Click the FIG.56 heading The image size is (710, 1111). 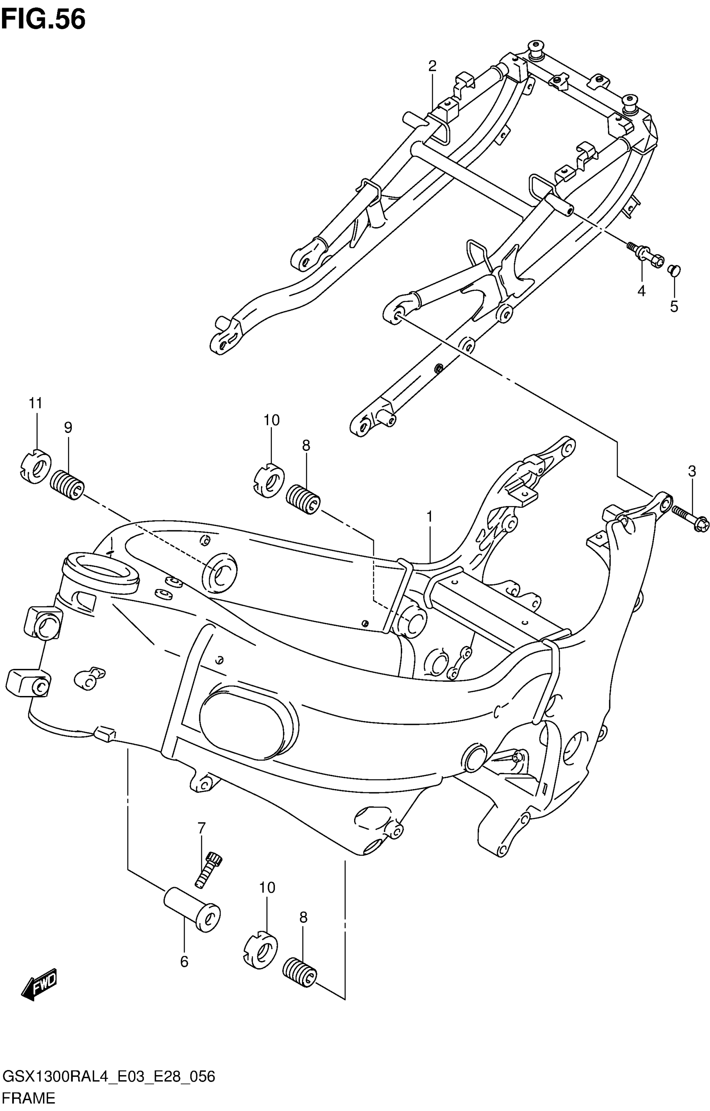43,19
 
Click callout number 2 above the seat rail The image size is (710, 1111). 432,66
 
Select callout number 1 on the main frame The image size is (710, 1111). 429,516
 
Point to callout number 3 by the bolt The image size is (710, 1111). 692,471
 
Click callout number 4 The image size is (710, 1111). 641,291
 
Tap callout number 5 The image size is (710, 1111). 674,306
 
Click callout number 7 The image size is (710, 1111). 201,828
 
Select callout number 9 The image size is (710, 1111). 68,428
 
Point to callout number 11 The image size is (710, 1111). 35,403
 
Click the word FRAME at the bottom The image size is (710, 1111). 29,1097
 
